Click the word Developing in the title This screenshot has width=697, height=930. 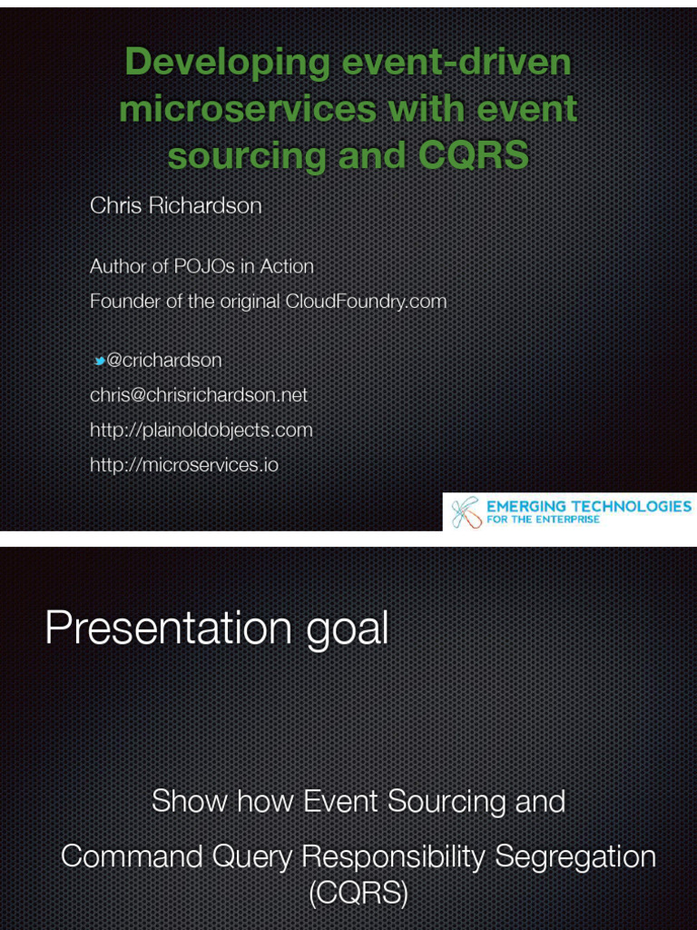click(227, 64)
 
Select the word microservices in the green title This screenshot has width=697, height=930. click(247, 110)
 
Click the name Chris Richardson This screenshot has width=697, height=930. click(175, 206)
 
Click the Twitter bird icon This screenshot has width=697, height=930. click(99, 361)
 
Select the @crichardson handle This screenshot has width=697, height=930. click(164, 361)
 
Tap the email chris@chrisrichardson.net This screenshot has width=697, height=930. click(198, 395)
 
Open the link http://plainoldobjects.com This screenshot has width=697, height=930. click(201, 430)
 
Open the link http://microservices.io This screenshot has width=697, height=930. click(183, 465)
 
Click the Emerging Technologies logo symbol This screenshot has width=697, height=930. click(466, 512)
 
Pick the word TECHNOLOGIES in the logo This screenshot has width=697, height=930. click(630, 506)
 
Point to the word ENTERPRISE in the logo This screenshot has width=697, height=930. click(568, 520)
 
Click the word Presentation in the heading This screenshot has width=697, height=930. click(168, 628)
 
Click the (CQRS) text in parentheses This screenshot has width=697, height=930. click(358, 894)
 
